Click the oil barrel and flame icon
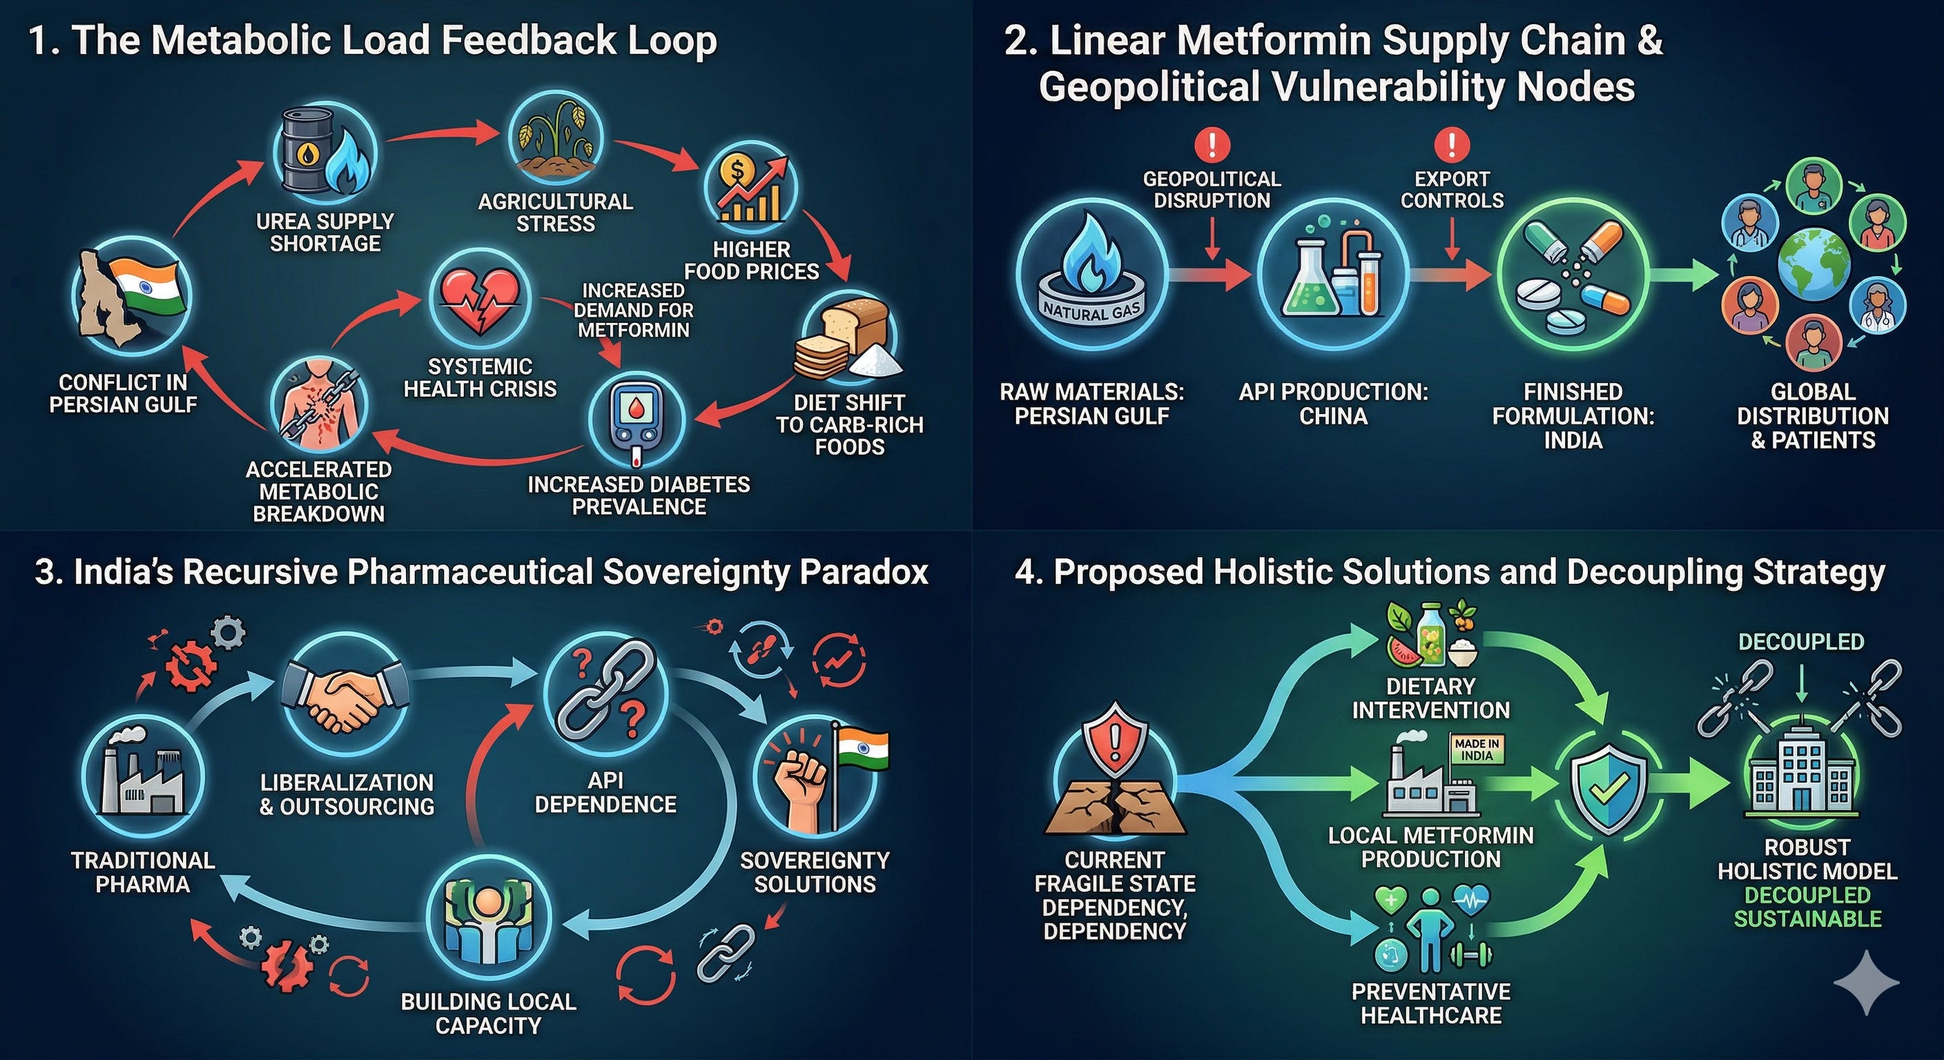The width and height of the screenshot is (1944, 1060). [324, 153]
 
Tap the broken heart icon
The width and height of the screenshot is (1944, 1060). [480, 300]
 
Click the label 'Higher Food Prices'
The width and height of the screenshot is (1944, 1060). [752, 260]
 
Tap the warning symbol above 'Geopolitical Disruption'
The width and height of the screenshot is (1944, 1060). [1212, 144]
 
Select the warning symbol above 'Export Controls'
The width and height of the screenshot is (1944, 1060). [1451, 144]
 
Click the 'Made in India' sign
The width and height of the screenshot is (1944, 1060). [1476, 750]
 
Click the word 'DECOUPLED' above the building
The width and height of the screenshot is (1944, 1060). [1800, 642]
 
